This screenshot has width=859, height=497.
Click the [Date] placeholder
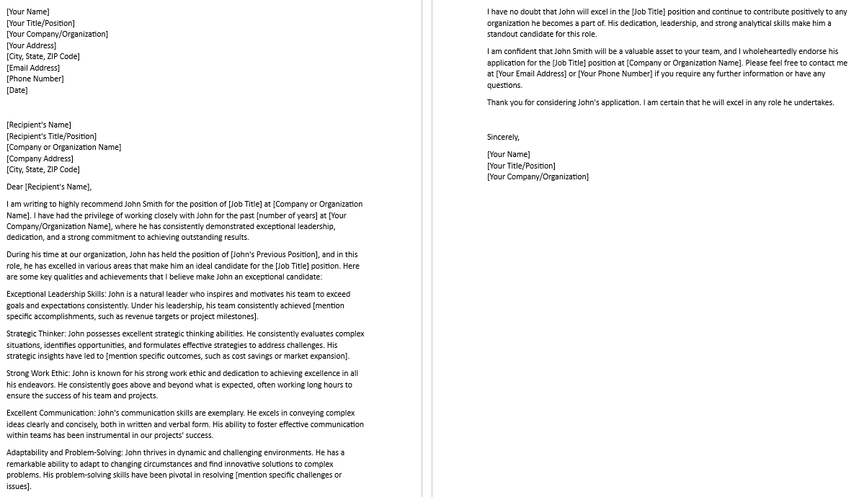17,90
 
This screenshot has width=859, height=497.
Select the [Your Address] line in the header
31,45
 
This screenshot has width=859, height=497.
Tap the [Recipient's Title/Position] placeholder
51,136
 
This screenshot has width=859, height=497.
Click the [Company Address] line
40,158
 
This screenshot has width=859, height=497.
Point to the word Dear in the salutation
14,187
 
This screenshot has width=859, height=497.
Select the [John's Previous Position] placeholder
275,254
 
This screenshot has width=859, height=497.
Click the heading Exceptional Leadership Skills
55,294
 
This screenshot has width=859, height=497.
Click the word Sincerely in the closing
503,137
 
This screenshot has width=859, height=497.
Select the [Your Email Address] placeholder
531,73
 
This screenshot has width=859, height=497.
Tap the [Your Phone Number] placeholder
615,73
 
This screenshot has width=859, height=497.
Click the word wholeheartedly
773,51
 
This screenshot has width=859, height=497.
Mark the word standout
503,34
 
